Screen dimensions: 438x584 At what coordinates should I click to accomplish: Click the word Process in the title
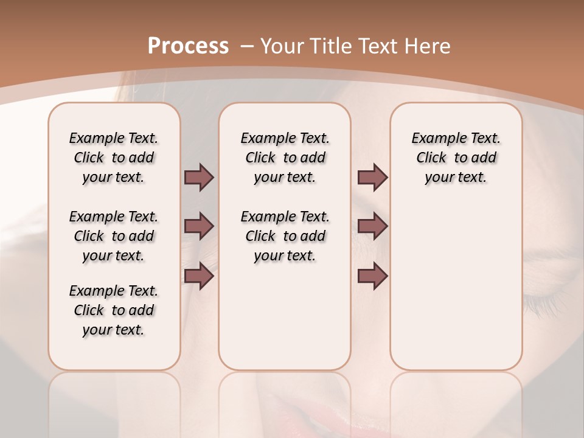(x=188, y=46)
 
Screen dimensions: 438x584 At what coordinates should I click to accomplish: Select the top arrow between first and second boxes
(x=199, y=177)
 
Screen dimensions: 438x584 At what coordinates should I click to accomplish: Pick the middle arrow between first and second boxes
(x=199, y=226)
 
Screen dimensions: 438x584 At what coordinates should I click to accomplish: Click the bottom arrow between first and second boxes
(x=199, y=276)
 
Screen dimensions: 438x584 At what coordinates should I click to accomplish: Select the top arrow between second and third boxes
(x=372, y=177)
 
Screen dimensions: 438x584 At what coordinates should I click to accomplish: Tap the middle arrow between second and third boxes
(x=372, y=226)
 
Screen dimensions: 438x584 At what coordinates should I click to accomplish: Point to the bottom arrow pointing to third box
(x=372, y=276)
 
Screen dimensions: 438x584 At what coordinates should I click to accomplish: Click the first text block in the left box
(x=114, y=158)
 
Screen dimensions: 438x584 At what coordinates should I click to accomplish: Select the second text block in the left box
(x=114, y=236)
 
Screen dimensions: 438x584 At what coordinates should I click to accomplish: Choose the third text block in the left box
(x=114, y=310)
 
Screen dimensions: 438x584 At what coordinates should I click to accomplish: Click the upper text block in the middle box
(x=285, y=158)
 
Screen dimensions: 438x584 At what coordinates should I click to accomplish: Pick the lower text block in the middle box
(x=285, y=236)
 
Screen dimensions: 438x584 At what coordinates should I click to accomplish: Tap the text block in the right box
(x=456, y=158)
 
